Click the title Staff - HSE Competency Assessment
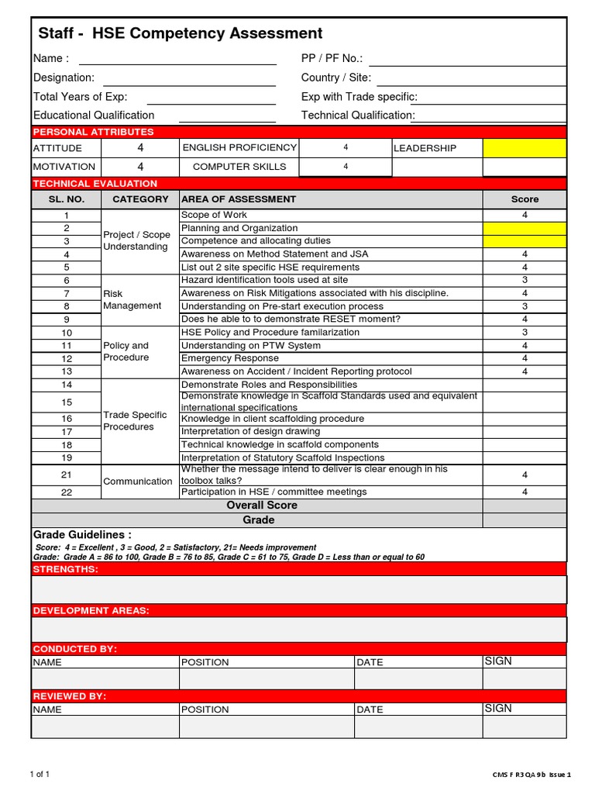(181, 33)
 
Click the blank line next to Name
(177, 60)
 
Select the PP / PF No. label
(332, 59)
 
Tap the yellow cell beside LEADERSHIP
(524, 148)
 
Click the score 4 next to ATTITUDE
(140, 148)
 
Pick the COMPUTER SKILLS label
(239, 167)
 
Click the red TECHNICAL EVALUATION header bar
(298, 184)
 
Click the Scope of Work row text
(214, 215)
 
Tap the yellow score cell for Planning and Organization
(524, 228)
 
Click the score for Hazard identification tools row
(524, 280)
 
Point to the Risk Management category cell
(132, 300)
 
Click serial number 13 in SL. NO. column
(67, 371)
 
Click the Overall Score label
(261, 506)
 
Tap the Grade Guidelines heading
(82, 535)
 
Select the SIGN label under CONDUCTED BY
(497, 661)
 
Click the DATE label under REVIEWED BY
(370, 709)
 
